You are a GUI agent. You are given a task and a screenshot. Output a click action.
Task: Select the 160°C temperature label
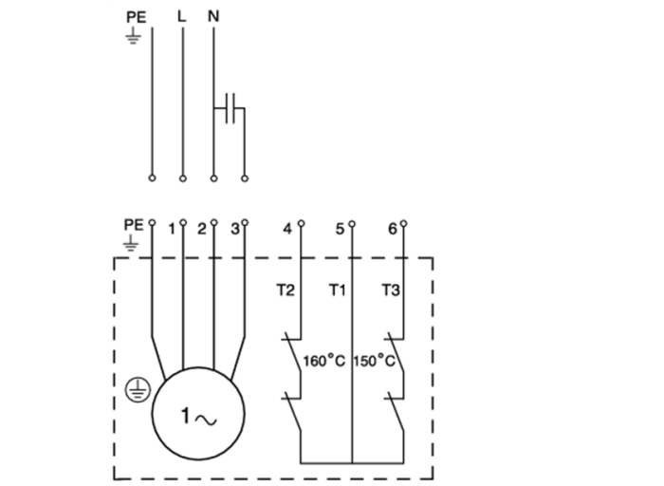323,362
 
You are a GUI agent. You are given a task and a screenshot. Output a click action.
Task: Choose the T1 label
337,290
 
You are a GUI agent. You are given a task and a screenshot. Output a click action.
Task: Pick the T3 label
390,290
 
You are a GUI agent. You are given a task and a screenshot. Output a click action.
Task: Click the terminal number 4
287,229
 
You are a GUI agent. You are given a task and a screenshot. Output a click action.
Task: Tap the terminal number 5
340,229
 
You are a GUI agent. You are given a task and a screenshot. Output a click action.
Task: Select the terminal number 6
392,229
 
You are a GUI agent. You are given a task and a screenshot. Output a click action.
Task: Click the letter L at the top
182,16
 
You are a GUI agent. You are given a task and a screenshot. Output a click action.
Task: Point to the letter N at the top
212,16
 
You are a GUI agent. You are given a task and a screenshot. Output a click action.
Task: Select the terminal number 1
172,229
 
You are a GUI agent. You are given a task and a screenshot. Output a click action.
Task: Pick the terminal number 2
201,229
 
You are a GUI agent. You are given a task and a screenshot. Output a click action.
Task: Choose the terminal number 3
234,229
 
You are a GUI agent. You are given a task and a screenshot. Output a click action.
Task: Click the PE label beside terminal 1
133,224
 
